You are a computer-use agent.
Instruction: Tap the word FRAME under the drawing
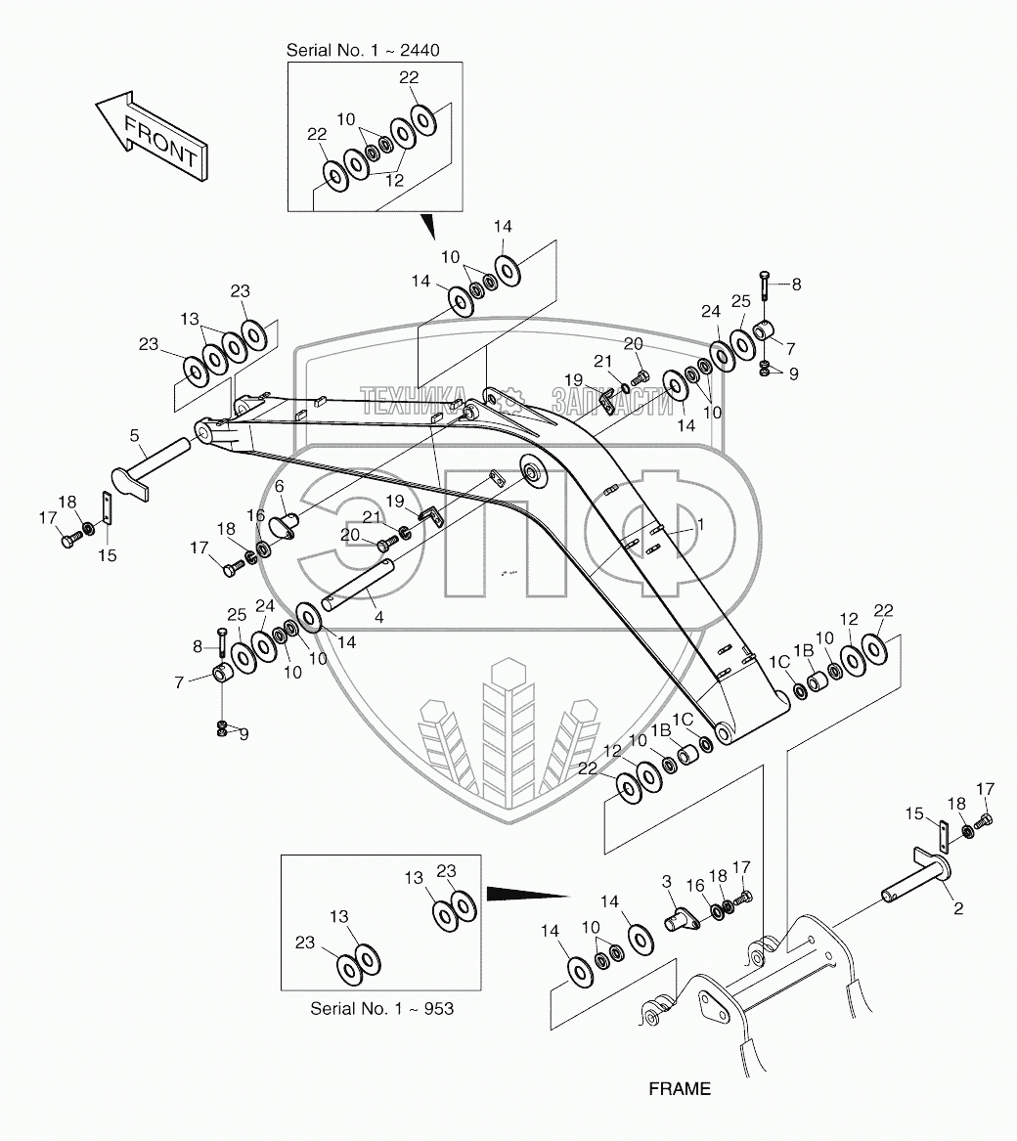pyautogui.click(x=679, y=1088)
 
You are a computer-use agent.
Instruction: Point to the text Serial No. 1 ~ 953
pyautogui.click(x=381, y=1008)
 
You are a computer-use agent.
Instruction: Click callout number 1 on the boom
pyautogui.click(x=699, y=525)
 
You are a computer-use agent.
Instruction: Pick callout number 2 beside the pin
pyautogui.click(x=958, y=908)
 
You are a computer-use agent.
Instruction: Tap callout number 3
pyautogui.click(x=668, y=882)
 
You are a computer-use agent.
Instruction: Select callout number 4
pyautogui.click(x=377, y=618)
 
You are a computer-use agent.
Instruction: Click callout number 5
pyautogui.click(x=135, y=435)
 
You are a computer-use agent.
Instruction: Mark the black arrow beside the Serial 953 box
pyautogui.click(x=526, y=893)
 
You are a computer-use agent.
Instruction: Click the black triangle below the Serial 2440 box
pyautogui.click(x=427, y=229)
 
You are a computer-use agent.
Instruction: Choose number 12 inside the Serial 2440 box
pyautogui.click(x=394, y=180)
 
